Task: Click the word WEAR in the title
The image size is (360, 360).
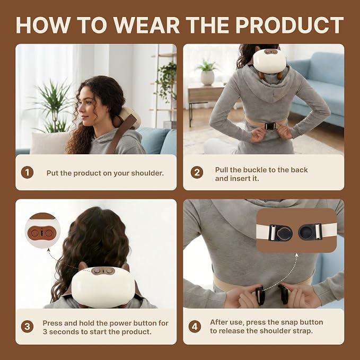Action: click(x=147, y=25)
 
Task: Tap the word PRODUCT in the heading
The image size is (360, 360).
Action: click(x=289, y=25)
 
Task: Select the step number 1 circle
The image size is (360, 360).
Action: click(x=27, y=172)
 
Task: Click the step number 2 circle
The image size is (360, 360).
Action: click(x=197, y=172)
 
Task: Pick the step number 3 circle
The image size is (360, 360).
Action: click(x=27, y=327)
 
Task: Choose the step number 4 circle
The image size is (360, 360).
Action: click(x=195, y=327)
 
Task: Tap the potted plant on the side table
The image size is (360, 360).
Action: click(x=207, y=72)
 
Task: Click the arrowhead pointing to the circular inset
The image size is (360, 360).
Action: click(x=48, y=250)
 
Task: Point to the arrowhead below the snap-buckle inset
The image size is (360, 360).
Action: click(x=296, y=255)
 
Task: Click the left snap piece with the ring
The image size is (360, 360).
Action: click(x=280, y=233)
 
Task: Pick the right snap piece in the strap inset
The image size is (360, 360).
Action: click(x=310, y=232)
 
